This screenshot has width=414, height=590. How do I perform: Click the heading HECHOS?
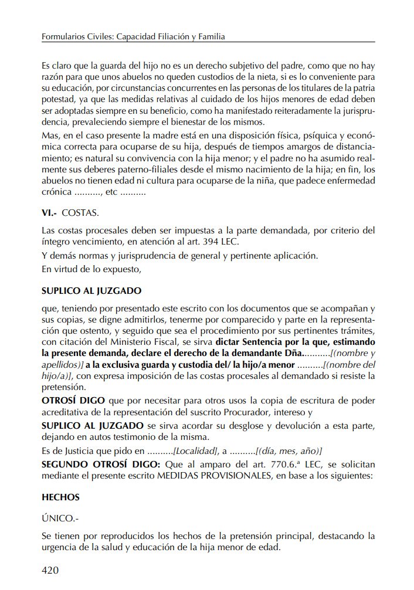tap(60, 497)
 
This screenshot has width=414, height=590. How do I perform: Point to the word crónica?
tap(57, 192)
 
